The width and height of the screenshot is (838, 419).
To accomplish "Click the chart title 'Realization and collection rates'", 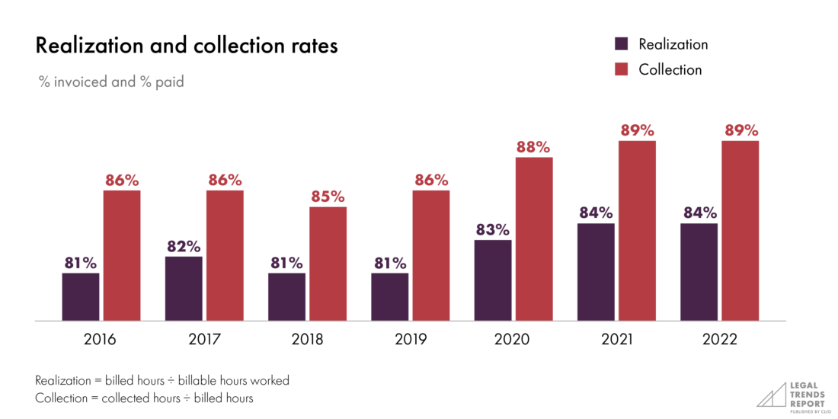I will (187, 46).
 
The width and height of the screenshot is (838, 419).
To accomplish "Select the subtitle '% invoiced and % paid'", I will (111, 82).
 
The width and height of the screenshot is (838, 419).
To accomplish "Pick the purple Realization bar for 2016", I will (81, 297).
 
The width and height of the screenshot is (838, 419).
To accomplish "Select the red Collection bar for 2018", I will (328, 264).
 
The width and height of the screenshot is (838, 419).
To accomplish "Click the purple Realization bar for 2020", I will (492, 280).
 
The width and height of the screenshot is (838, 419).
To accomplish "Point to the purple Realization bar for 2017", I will (184, 289).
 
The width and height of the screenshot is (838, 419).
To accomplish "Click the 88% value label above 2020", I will (533, 147).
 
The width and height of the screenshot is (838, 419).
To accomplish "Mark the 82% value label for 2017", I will (184, 246).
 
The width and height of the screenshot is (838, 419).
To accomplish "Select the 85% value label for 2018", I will (328, 197).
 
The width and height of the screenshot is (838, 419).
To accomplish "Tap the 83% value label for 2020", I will (492, 229).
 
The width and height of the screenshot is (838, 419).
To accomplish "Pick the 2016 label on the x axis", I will (101, 340).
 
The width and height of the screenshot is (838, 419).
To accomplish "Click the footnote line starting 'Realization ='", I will (162, 380).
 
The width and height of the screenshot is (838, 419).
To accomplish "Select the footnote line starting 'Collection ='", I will (144, 398).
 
